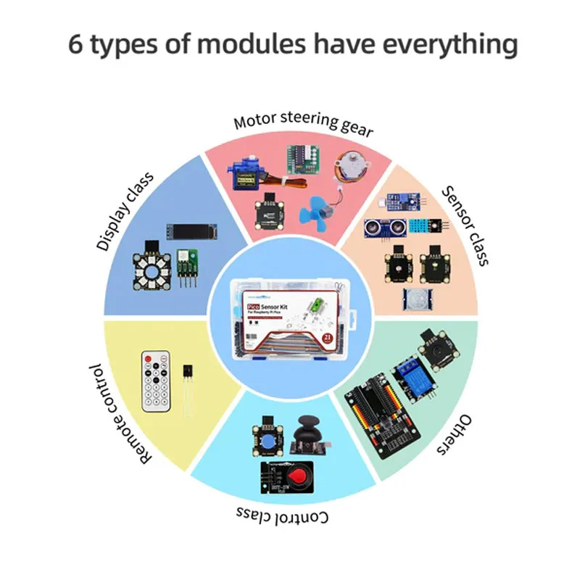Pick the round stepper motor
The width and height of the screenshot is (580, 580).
349,170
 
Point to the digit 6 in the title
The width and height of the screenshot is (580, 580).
75,45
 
